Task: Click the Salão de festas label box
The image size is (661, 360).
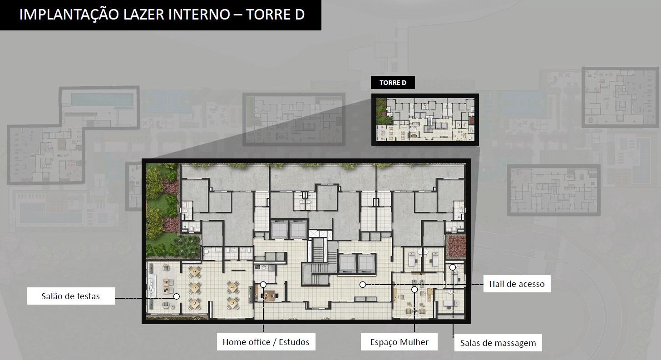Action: pyautogui.click(x=71, y=296)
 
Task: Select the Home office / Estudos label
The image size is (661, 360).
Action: pyautogui.click(x=266, y=342)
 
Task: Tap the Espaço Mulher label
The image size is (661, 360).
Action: pyautogui.click(x=399, y=342)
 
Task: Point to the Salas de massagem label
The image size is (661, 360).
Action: pyautogui.click(x=498, y=343)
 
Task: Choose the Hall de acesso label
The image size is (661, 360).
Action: pyautogui.click(x=517, y=284)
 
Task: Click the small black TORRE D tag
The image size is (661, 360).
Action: pyautogui.click(x=393, y=83)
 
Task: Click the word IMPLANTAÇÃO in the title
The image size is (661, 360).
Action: pyautogui.click(x=69, y=15)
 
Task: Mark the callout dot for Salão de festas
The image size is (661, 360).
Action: pyautogui.click(x=177, y=296)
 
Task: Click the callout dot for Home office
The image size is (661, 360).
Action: pyautogui.click(x=263, y=285)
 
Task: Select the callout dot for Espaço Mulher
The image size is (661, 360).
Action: pyautogui.click(x=414, y=290)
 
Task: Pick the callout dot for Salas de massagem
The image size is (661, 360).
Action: pyautogui.click(x=453, y=267)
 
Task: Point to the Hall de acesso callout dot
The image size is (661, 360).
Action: pyautogui.click(x=363, y=285)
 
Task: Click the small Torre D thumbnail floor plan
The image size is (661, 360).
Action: pyautogui.click(x=425, y=119)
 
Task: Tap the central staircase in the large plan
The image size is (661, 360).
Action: pyautogui.click(x=318, y=260)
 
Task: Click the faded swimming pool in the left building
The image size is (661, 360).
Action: pyautogui.click(x=102, y=100)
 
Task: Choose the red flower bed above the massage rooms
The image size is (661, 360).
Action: pyautogui.click(x=456, y=246)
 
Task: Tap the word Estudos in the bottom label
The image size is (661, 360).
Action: pyautogui.click(x=294, y=342)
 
